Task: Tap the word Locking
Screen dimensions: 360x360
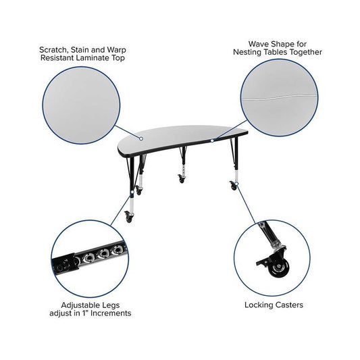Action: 259,305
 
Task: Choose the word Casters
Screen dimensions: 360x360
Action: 289,305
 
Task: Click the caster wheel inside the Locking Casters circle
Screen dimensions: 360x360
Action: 278,268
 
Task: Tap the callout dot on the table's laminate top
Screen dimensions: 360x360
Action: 141,138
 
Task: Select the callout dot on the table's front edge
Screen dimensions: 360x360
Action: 212,140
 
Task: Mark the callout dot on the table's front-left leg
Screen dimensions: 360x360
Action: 132,192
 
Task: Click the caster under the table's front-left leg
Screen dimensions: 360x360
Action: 128,216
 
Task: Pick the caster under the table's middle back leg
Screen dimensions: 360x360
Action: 181,178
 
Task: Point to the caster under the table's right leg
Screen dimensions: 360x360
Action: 233,185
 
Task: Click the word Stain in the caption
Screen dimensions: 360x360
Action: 79,50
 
